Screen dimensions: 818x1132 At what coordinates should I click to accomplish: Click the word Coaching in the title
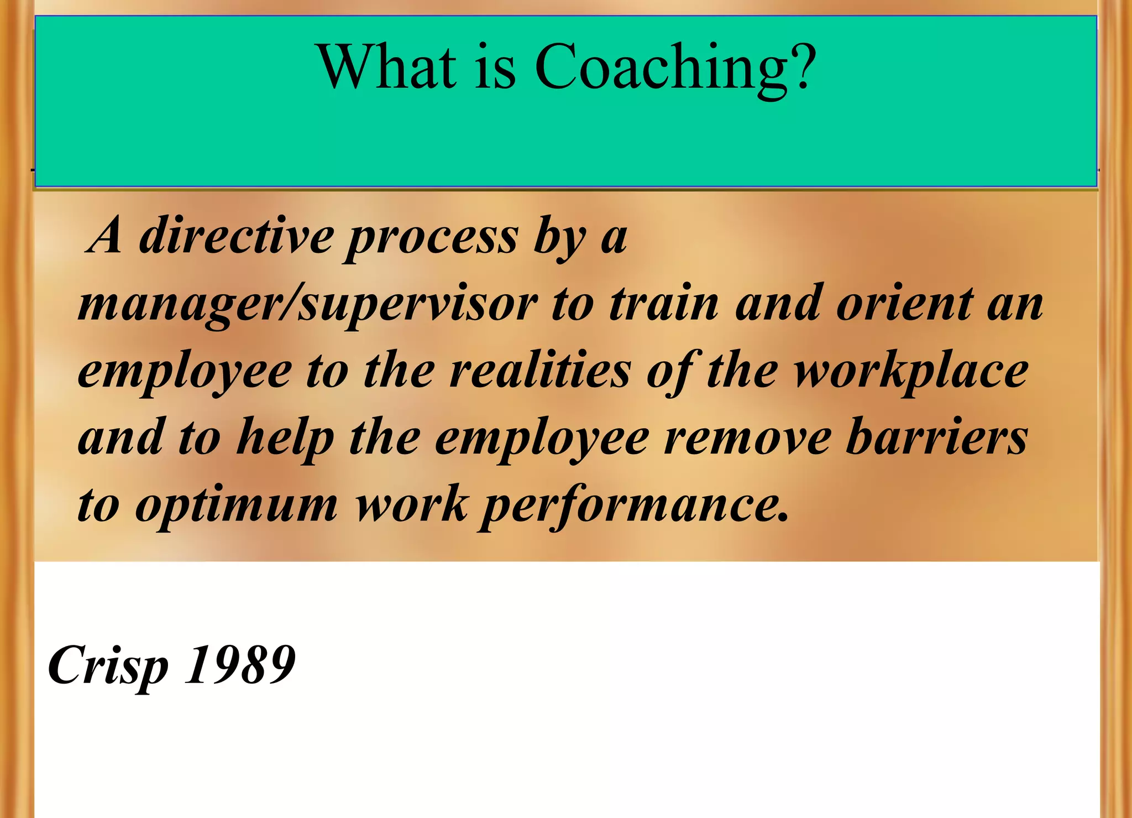coord(662,68)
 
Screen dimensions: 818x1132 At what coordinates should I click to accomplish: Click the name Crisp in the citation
coord(108,666)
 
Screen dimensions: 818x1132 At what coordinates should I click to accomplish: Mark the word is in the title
coord(495,68)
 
